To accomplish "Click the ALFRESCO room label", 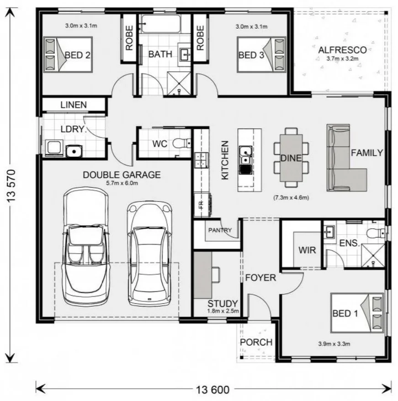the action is click(x=342, y=50).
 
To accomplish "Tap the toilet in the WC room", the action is click(x=181, y=144).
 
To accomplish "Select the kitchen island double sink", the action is click(x=245, y=155).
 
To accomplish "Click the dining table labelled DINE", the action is click(x=291, y=158).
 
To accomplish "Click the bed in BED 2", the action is click(x=68, y=55).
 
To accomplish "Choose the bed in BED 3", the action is click(x=261, y=55).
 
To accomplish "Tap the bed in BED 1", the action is click(x=357, y=313).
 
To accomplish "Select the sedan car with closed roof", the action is click(x=149, y=253).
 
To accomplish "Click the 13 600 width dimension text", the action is click(x=212, y=390).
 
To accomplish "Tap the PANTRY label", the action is click(x=220, y=230).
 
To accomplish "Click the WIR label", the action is click(x=307, y=250).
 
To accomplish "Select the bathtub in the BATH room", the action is click(x=161, y=24).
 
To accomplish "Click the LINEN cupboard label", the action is click(x=74, y=105).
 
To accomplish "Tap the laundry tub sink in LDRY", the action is click(x=74, y=151).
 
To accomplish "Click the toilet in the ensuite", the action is click(x=376, y=233).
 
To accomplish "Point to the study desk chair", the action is click(x=216, y=275).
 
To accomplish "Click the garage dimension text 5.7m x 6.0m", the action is click(x=122, y=183).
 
